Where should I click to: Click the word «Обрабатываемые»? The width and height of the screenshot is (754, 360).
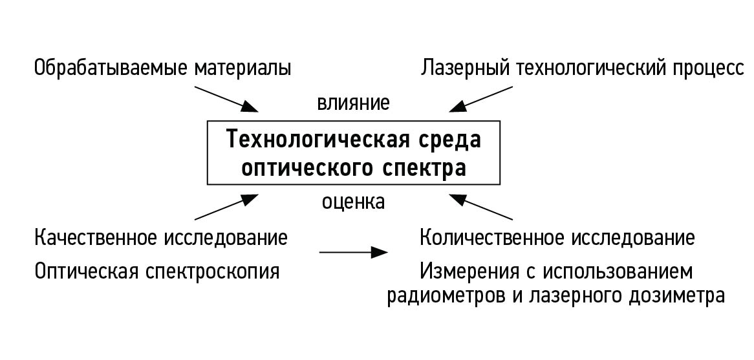click(111, 69)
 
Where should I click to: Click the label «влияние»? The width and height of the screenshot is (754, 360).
click(353, 103)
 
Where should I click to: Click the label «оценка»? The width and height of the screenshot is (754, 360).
click(353, 202)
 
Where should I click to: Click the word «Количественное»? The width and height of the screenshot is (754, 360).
click(491, 238)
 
